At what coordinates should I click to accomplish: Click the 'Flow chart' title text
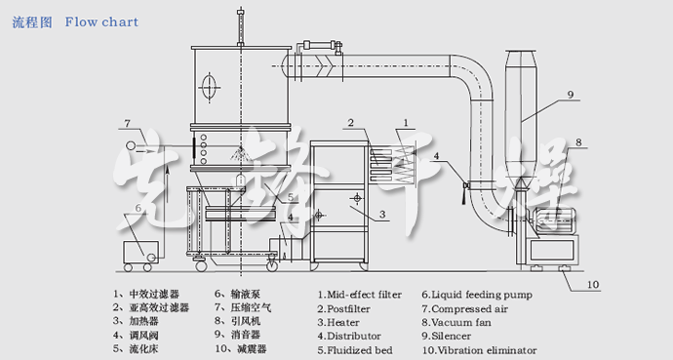coord(102,21)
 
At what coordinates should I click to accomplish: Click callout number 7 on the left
coord(126,123)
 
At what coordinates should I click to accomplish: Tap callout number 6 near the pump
coord(139,208)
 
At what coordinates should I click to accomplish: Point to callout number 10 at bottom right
coord(593,285)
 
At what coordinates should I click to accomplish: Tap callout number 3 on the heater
coord(382,213)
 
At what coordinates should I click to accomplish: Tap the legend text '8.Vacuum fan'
coord(455,321)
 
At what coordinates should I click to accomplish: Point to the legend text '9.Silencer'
coord(449,335)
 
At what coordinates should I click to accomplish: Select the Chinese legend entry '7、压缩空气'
coord(240,306)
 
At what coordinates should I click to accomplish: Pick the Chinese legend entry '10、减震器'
coord(240,348)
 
